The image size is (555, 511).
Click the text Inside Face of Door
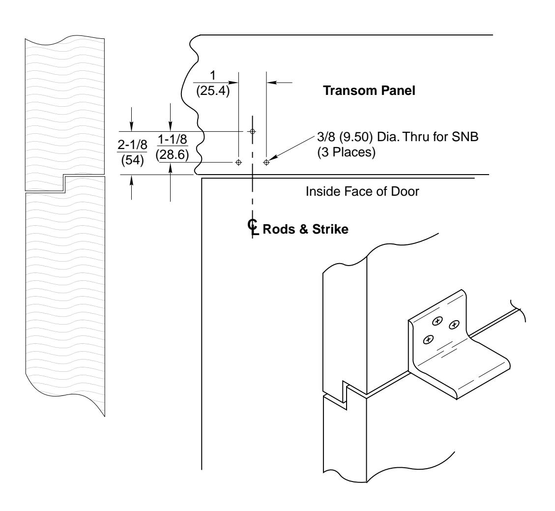362,192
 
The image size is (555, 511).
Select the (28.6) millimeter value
170,154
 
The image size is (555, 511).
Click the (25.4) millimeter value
213,91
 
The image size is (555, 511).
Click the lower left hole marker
238,162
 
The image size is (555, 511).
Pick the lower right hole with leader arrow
266,162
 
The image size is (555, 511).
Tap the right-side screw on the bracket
454,324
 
